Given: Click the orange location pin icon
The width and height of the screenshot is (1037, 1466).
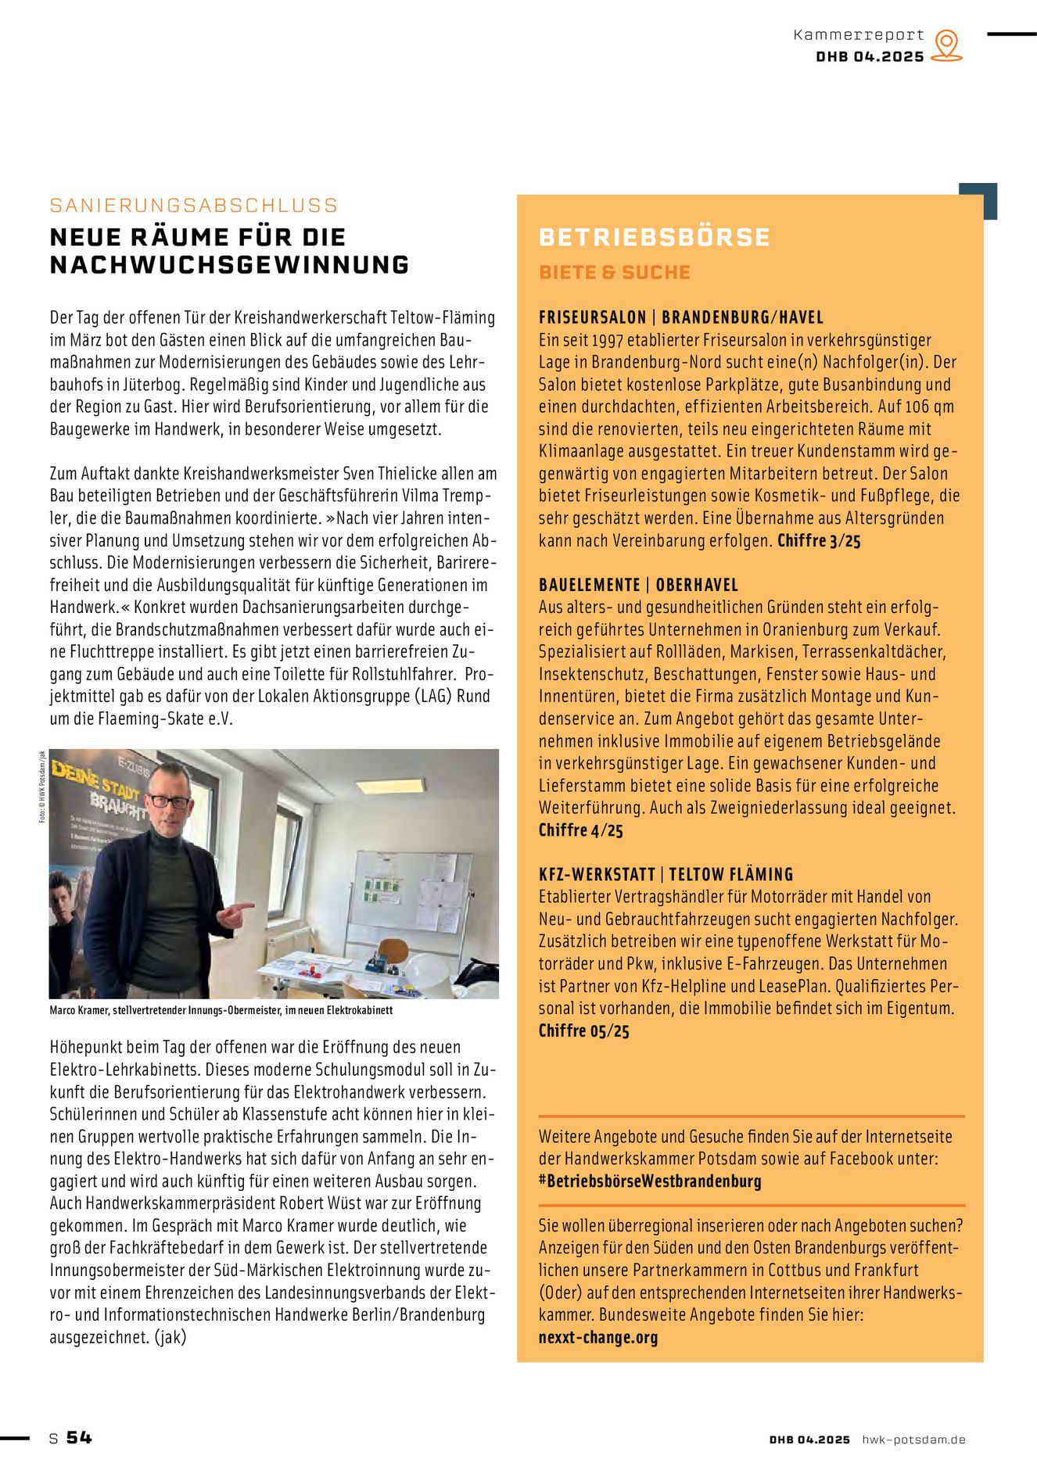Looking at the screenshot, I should [x=946, y=45].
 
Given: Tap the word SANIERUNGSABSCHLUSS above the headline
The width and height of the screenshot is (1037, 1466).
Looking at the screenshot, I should [x=193, y=206].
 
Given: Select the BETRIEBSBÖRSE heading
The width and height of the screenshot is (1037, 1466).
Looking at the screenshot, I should [x=654, y=238].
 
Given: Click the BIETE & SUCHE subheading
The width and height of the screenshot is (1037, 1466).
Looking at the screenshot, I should [x=614, y=273].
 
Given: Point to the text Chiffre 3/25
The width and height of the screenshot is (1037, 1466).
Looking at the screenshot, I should [x=818, y=541].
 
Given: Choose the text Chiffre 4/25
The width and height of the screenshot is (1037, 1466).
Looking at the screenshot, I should [x=580, y=830].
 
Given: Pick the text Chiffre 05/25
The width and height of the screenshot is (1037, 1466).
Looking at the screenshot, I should [x=583, y=1031].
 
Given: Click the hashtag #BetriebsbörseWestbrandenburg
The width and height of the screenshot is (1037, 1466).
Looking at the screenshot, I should [x=649, y=1181].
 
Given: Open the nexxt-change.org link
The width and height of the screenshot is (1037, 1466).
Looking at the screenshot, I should [x=597, y=1338].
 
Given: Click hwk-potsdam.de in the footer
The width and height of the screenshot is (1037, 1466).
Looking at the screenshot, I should [x=913, y=1439].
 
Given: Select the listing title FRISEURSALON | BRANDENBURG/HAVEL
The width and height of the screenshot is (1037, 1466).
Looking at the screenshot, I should [x=680, y=317].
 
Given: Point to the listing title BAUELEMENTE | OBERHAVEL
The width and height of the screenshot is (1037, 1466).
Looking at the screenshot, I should [x=637, y=585].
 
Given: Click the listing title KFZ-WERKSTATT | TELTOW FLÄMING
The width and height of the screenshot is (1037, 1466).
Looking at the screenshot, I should [x=666, y=874].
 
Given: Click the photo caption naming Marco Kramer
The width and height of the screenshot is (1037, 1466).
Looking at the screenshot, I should [x=221, y=1010].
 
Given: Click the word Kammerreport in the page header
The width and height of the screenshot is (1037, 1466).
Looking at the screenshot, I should [x=858, y=35].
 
